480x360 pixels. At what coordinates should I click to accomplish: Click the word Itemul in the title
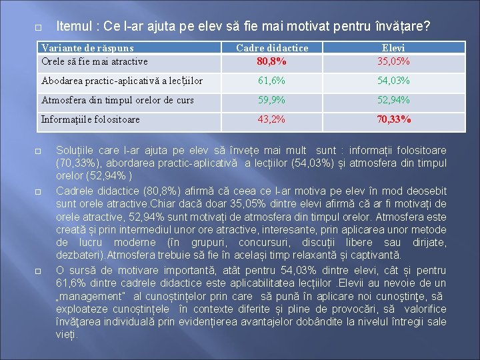[76, 27]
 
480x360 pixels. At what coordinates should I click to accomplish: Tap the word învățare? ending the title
[402, 27]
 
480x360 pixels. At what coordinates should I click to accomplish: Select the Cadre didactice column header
[272, 48]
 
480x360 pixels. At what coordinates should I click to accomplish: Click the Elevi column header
[393, 48]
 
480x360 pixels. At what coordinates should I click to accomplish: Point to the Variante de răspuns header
[87, 48]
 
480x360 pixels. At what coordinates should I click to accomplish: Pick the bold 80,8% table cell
[272, 61]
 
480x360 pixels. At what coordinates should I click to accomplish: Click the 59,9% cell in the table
[272, 100]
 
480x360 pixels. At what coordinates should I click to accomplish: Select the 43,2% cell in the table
[272, 119]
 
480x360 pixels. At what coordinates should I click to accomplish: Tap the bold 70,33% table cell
[393, 119]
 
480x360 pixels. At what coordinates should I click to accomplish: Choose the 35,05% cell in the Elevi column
[393, 61]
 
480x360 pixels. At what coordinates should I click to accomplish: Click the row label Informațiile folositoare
[91, 119]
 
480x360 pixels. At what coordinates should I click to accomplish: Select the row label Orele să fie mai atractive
[95, 61]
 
